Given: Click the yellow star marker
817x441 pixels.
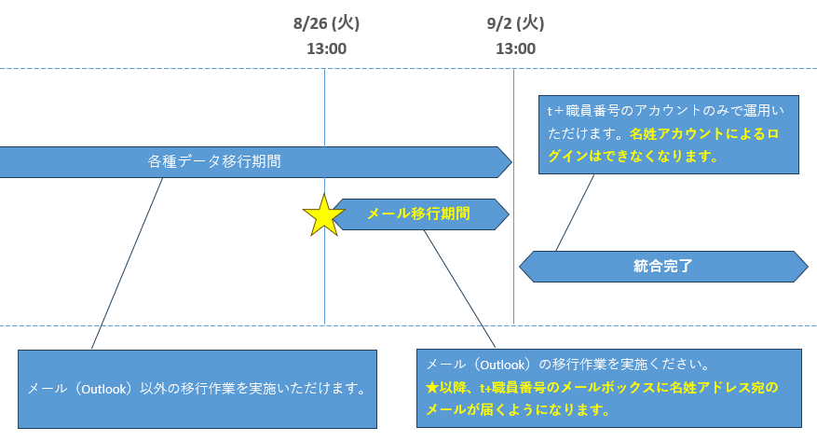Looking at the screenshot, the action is click(323, 215).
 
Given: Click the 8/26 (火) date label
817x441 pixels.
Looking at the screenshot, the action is click(326, 23).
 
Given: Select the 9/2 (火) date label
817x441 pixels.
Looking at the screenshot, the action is click(515, 23).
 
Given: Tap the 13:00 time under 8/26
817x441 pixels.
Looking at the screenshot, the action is click(326, 48).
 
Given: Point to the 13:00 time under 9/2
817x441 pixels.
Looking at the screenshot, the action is click(515, 48).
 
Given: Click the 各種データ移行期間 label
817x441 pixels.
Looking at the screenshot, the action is click(214, 161).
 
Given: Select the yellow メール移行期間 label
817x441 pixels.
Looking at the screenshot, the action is click(419, 214).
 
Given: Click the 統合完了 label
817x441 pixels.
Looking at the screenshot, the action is click(662, 266).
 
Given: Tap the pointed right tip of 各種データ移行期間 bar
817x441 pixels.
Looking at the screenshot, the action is click(511, 162).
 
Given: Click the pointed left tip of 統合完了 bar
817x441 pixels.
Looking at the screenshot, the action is click(520, 267).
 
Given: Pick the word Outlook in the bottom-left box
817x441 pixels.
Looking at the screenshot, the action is click(103, 389).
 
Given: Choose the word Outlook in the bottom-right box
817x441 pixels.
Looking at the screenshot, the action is click(503, 365).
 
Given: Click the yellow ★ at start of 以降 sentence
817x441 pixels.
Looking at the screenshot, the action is click(432, 387).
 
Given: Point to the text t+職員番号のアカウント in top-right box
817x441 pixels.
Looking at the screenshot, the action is click(618, 111).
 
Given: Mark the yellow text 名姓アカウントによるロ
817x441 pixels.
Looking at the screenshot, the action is click(704, 134).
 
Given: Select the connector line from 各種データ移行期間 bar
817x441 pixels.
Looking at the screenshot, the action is click(127, 263).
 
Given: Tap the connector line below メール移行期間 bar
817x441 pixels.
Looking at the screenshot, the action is click(459, 289).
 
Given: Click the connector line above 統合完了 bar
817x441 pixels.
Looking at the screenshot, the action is click(575, 213).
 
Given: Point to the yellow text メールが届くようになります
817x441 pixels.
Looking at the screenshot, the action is click(518, 409).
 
